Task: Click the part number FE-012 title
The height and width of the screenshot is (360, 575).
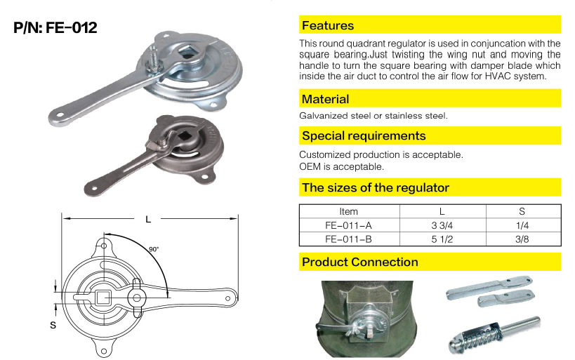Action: point(55,27)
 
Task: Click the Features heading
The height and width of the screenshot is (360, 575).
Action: point(327,25)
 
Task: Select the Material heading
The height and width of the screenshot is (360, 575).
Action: point(325,99)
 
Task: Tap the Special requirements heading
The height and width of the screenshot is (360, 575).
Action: point(364,135)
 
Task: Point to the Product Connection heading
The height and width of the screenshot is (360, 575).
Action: point(359,262)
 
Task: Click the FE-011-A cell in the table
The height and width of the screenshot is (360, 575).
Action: point(348,225)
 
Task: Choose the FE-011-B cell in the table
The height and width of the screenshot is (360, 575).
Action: point(348,239)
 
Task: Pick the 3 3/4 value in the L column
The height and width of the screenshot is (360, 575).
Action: point(442,225)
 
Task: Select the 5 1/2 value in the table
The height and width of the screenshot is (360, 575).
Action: point(442,239)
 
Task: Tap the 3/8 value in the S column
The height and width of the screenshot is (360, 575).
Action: point(522,239)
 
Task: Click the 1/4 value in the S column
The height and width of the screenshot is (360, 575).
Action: point(522,225)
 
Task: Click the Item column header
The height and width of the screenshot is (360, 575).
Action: point(348,211)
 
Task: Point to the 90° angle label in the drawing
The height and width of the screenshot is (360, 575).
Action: point(154,249)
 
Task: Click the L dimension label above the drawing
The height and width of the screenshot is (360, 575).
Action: point(148,219)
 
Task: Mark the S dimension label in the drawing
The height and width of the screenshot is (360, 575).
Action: point(53,325)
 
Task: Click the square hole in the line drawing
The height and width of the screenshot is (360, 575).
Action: point(103,298)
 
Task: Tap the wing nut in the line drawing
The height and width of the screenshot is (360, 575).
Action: point(136,298)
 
